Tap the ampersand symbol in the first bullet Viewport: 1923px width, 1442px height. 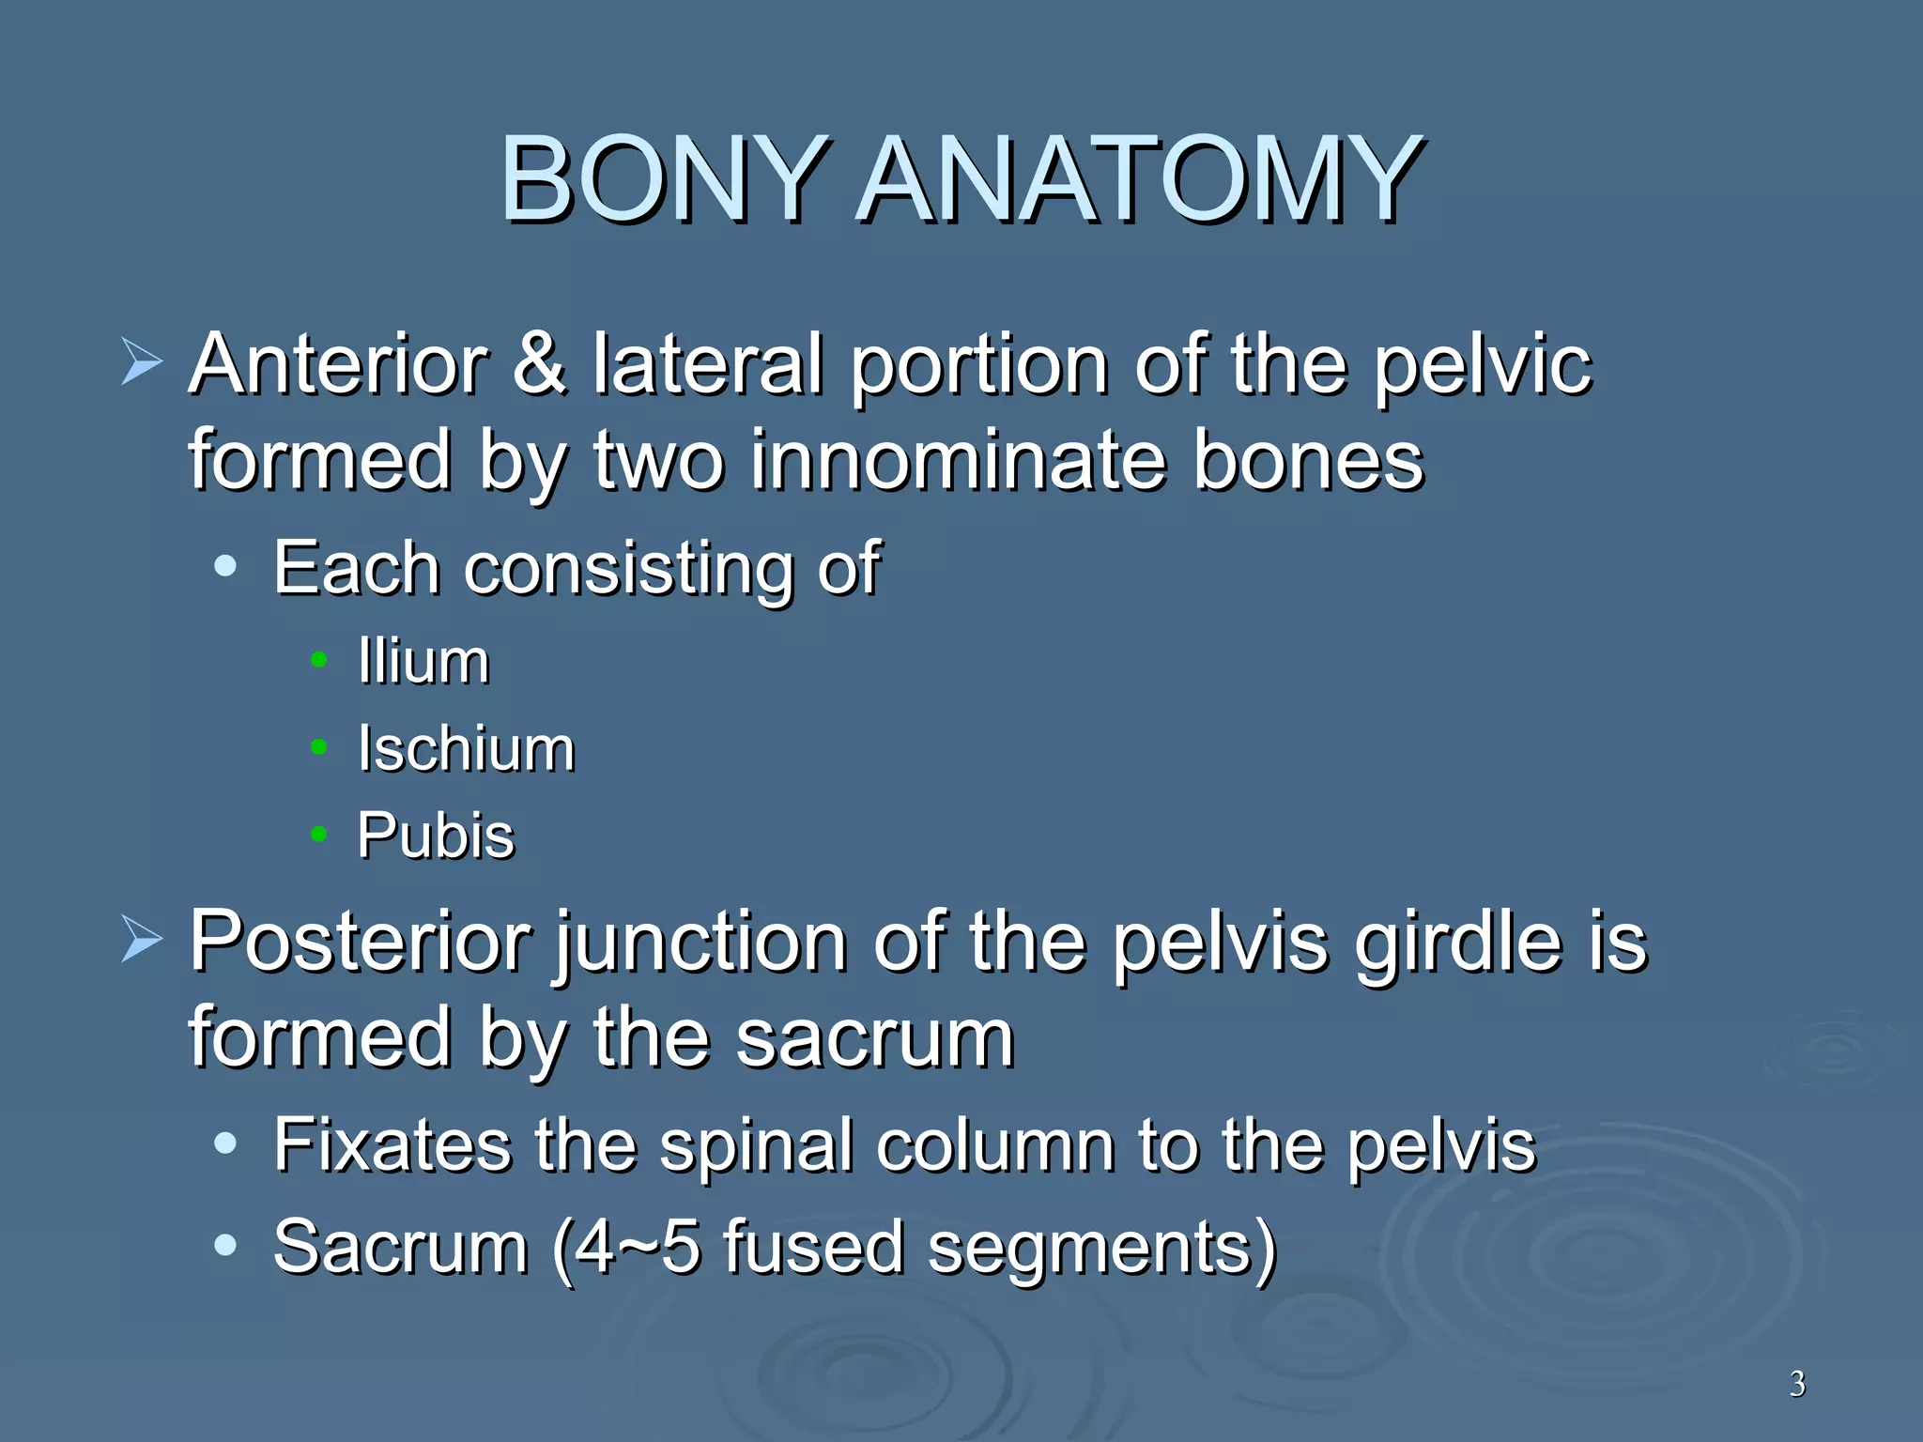pyautogui.click(x=540, y=364)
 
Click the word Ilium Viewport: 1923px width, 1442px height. pyautogui.click(x=423, y=662)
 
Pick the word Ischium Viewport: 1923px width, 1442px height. pyautogui.click(x=466, y=749)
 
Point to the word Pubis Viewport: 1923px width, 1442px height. pyautogui.click(x=436, y=836)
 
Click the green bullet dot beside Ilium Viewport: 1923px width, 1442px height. pyautogui.click(x=319, y=661)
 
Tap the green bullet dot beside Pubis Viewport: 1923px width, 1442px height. pyautogui.click(x=319, y=834)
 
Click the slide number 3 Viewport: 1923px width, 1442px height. pyautogui.click(x=1796, y=1384)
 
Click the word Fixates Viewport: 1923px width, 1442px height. pyautogui.click(x=392, y=1145)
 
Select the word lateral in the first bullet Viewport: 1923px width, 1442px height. pyautogui.click(x=708, y=364)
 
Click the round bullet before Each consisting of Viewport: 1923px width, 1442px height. pyautogui.click(x=225, y=566)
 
